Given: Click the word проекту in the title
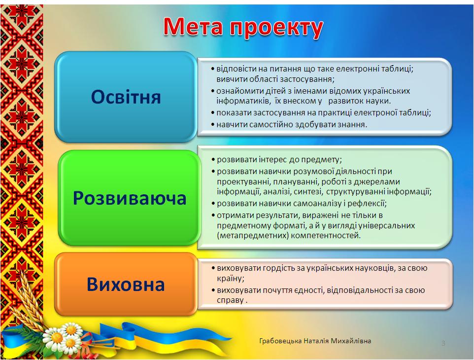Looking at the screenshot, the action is coord(276,29).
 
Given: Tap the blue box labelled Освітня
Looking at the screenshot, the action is coord(126,97).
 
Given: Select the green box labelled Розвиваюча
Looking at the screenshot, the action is coord(129,198).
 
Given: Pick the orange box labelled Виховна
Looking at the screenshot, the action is coord(126,285).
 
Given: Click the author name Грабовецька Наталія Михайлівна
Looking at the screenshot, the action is coord(315,341).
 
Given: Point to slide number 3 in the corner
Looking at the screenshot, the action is coord(443,343).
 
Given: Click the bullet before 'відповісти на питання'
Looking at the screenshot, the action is coord(213,69).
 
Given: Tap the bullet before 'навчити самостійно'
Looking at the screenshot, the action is coord(213,124).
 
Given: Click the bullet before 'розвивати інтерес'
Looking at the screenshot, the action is coord(213,159).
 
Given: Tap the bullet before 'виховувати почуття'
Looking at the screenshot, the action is coord(213,290).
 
